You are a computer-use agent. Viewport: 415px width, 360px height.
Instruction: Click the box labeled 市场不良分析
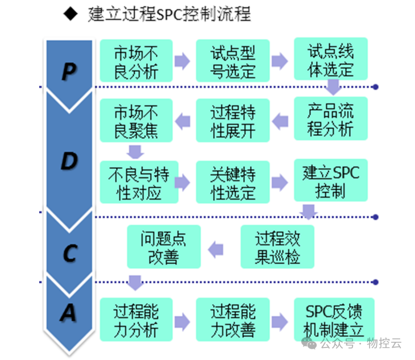136,60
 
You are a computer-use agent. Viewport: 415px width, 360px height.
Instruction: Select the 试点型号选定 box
233,60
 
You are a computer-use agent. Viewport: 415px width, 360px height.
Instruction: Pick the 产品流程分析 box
330,119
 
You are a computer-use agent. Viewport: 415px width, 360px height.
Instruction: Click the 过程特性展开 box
233,120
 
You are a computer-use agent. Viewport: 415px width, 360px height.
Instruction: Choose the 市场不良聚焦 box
136,120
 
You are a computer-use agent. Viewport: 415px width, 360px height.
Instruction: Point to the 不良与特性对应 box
136,182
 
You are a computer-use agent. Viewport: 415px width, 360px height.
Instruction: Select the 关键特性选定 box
233,182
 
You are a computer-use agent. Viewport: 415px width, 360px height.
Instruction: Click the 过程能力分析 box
136,320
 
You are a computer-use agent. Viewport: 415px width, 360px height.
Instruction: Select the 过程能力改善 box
233,320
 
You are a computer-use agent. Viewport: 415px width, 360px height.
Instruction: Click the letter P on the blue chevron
69,72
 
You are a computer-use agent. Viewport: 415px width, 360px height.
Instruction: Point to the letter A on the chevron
68,312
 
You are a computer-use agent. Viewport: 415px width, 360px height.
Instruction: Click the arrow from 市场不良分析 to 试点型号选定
181,61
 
